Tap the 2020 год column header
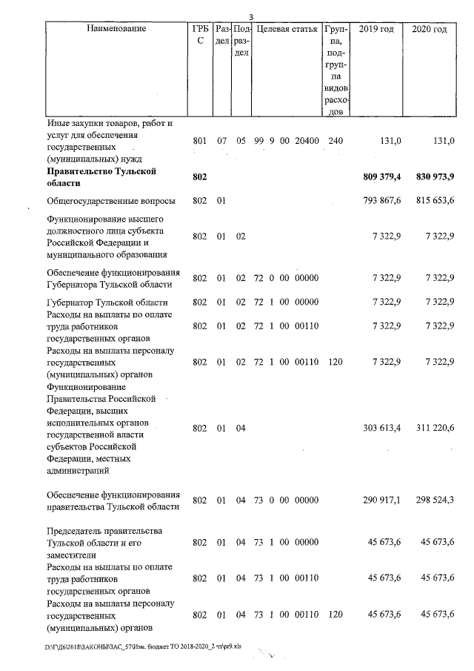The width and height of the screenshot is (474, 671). (430, 29)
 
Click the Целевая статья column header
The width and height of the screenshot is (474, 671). (287, 29)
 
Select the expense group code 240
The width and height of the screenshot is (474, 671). (335, 140)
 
